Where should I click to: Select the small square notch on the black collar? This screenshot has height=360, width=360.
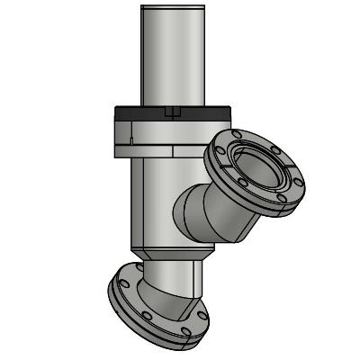click(x=175, y=112)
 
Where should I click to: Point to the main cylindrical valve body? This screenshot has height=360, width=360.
click(x=153, y=198)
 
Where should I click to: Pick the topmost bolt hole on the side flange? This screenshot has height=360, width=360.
click(x=237, y=136)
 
